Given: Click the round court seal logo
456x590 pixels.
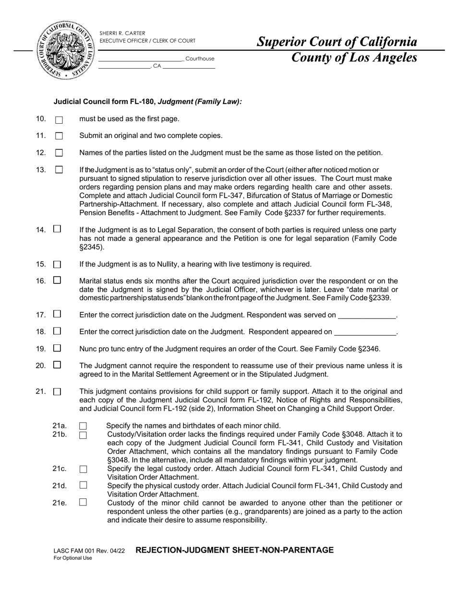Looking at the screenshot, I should point(65,50).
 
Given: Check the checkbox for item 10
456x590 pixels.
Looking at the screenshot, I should point(59,120).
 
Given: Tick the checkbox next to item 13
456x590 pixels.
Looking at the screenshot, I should point(59,169).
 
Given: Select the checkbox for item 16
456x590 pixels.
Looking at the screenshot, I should point(57,280).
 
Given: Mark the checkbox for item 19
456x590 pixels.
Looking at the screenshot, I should point(57,348).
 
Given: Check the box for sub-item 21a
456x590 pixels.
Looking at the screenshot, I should point(83,426).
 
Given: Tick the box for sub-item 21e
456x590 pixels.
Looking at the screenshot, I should point(83,502).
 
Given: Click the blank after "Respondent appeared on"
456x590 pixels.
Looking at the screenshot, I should point(365,332).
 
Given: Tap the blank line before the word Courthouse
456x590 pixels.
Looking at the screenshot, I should point(141,59).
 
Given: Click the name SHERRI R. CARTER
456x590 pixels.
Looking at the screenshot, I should point(122,33).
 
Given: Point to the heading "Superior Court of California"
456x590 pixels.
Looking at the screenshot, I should point(337,42).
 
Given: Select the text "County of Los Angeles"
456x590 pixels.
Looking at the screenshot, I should point(354,58).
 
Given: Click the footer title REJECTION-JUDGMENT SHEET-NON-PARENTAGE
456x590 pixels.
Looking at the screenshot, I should point(234,550).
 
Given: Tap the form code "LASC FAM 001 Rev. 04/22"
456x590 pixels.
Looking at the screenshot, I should point(89,551).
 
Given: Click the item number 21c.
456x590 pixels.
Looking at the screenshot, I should point(60,469).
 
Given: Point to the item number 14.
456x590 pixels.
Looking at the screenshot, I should point(40,230).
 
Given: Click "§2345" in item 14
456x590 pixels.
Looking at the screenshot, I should point(91,247).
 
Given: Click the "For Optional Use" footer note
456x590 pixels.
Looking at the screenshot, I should point(72,558).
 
